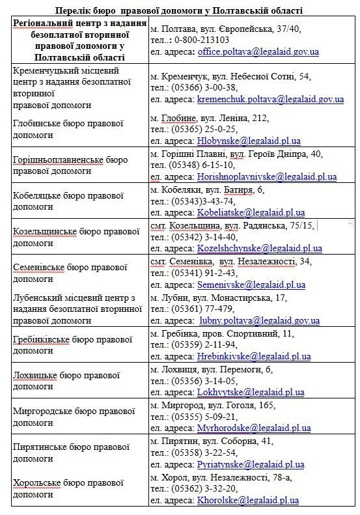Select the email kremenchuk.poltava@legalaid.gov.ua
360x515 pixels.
click(270, 99)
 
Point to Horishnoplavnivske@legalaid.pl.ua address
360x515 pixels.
click(267, 176)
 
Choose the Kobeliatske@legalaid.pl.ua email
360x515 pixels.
click(251, 212)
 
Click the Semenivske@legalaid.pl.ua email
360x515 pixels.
click(251, 285)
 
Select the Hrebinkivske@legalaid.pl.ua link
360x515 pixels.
click(253, 356)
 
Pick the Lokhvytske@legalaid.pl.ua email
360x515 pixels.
click(251, 392)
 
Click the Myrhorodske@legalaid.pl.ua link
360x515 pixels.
click(254, 428)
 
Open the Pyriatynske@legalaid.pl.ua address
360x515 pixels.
click(251, 464)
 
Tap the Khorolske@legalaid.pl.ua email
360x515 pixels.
click(247, 500)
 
